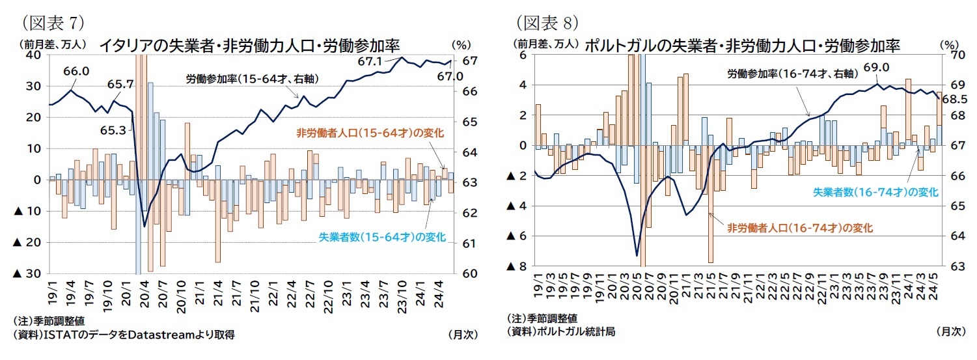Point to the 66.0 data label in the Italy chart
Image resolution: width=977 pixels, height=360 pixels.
[77, 72]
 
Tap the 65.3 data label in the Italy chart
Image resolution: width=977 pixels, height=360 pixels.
[113, 130]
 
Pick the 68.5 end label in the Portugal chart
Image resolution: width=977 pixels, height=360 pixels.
[955, 99]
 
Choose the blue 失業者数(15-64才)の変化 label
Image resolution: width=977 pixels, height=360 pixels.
[381, 236]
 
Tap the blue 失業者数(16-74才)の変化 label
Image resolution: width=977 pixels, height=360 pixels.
[875, 192]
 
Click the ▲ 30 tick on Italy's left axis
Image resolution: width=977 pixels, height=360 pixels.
[28, 273]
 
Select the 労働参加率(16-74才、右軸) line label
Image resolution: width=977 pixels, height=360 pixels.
[783, 74]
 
